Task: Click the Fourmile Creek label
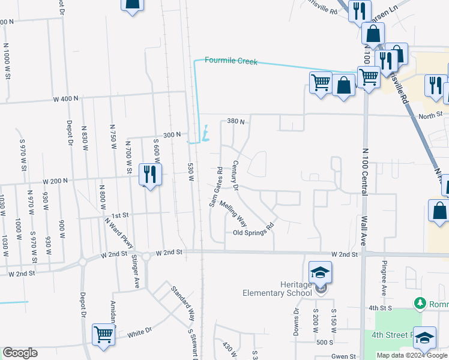pos(231,61)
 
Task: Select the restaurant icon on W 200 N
pos(149,175)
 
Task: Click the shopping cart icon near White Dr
pos(104,334)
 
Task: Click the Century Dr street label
pos(235,176)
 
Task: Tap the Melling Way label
pos(233,214)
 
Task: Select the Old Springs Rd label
pos(253,230)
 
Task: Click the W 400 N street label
pos(66,98)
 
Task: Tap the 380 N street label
pos(236,121)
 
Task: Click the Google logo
pos(20,353)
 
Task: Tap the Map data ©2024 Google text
pos(411,355)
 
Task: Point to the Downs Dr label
pos(297,322)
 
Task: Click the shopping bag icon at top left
pos(133,4)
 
